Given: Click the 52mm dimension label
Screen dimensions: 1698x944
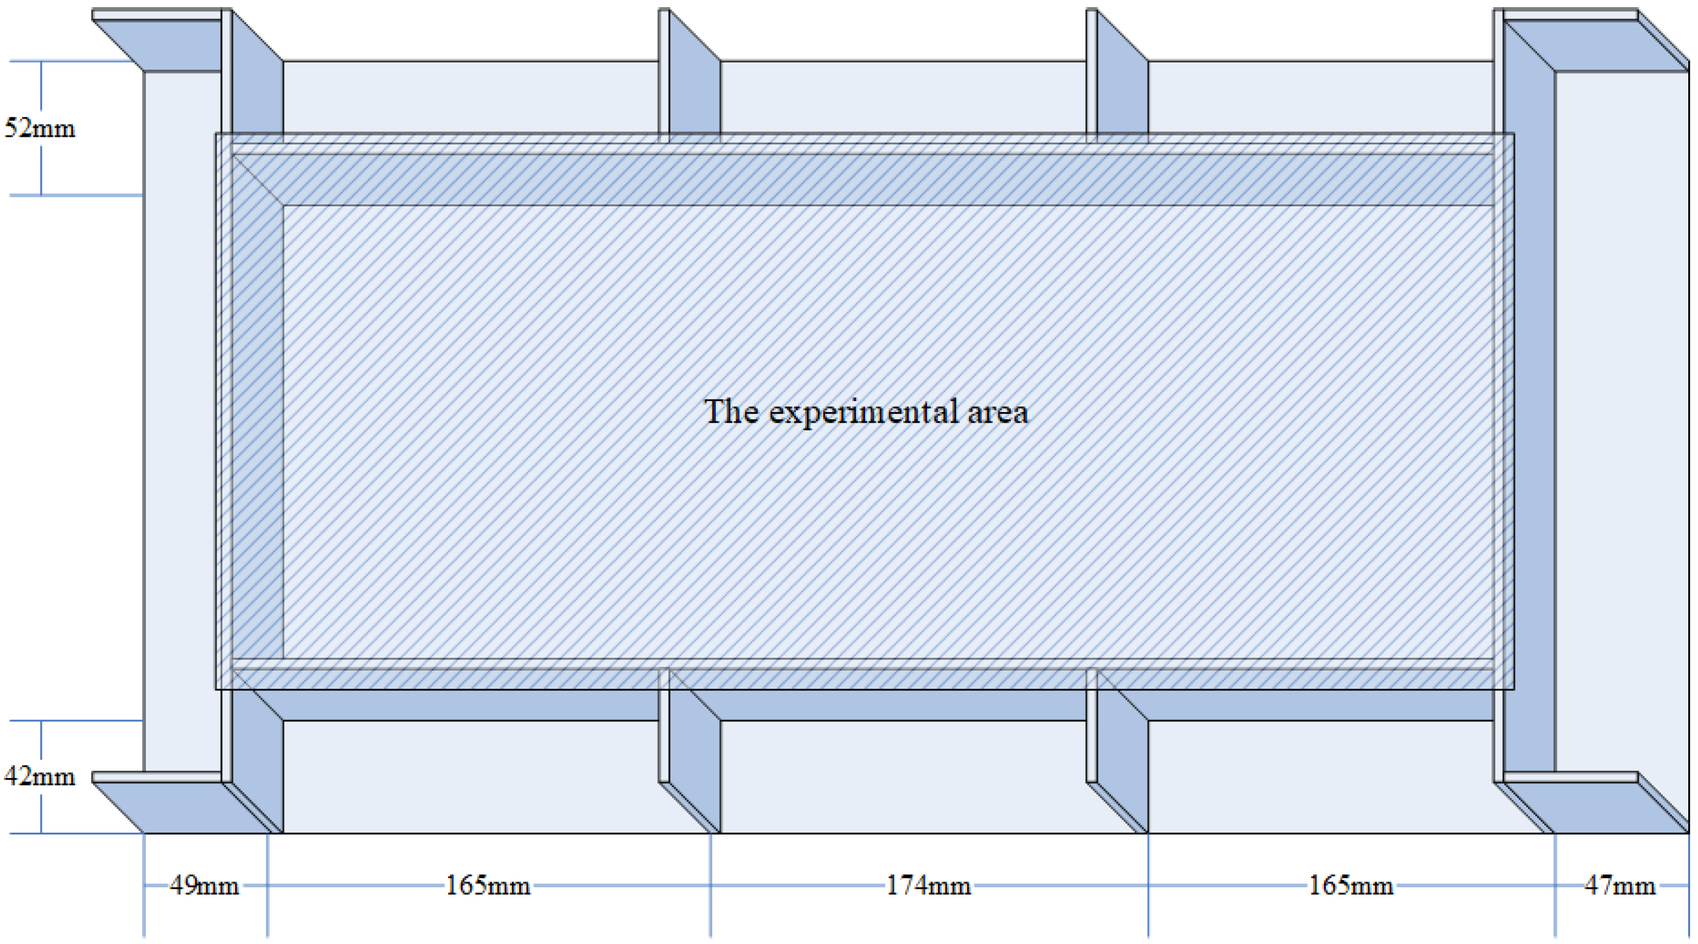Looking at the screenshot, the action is click(x=40, y=128).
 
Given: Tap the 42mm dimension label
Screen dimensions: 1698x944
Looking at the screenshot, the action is click(x=40, y=777).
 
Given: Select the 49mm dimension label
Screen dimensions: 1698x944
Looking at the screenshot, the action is click(x=205, y=885).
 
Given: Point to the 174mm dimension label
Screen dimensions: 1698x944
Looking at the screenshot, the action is click(x=928, y=885).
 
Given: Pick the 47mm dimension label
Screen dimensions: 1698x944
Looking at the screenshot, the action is click(x=1620, y=885).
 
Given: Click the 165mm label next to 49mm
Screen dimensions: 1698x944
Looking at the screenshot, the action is click(x=488, y=885).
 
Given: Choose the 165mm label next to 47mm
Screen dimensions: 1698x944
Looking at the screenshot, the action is click(x=1351, y=885).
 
